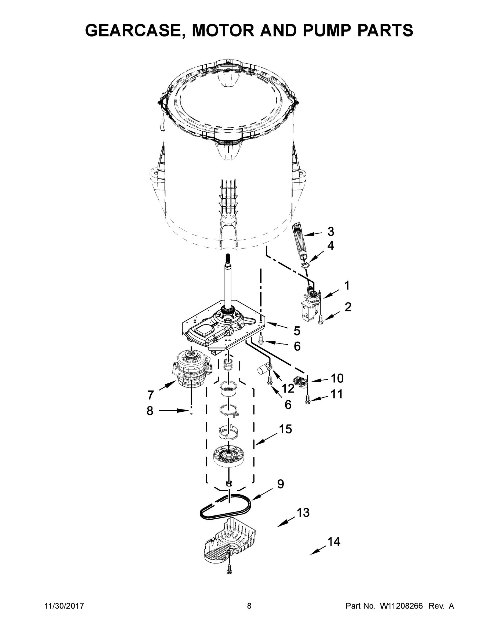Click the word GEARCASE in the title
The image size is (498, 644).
132,30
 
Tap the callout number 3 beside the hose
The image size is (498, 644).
331,232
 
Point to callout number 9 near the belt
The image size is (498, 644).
280,484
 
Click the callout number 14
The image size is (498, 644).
334,542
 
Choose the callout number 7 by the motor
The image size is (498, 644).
150,395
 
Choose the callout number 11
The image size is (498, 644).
336,394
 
